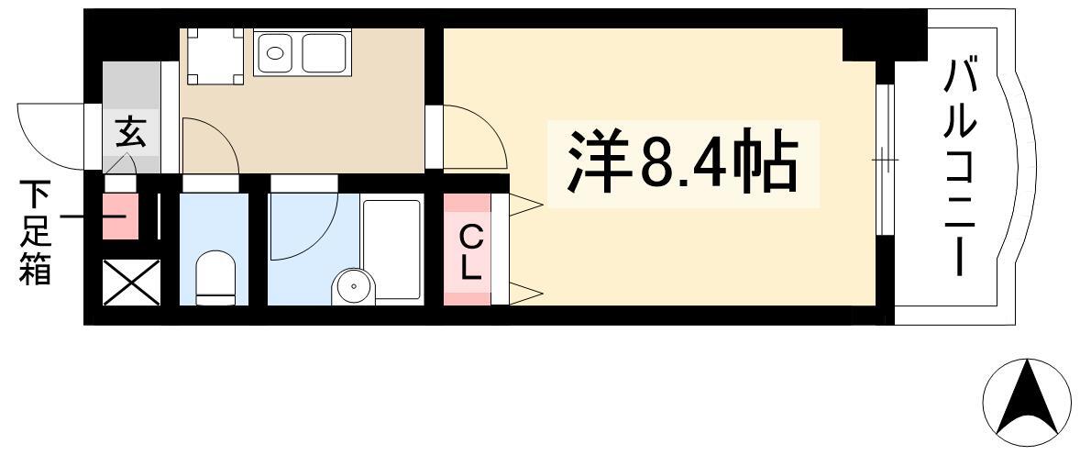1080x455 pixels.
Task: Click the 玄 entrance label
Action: [x=130, y=132]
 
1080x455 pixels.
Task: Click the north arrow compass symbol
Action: [x=1027, y=403]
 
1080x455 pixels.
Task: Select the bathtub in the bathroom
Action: [x=391, y=250]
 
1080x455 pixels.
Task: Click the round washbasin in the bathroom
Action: [x=353, y=286]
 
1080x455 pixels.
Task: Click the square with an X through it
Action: [x=131, y=282]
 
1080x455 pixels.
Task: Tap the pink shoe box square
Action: [x=120, y=216]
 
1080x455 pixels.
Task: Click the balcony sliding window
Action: [x=885, y=160]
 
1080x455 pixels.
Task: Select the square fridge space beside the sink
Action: [x=215, y=56]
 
